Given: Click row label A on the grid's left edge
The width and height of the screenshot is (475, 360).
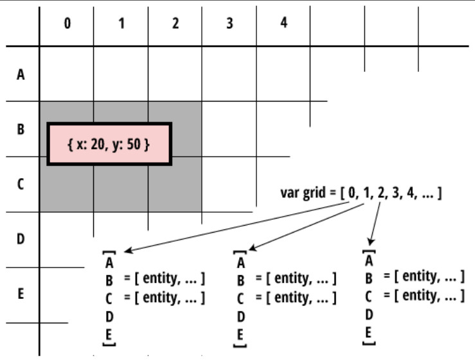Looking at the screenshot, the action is [20, 75].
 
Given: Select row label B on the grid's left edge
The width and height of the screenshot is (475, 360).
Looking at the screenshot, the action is [20, 129].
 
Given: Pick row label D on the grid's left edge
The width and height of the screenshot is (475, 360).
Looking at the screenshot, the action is [20, 239].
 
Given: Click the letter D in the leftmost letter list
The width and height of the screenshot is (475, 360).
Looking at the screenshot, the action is [109, 316].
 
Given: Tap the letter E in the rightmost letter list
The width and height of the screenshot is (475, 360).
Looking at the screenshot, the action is [369, 332].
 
